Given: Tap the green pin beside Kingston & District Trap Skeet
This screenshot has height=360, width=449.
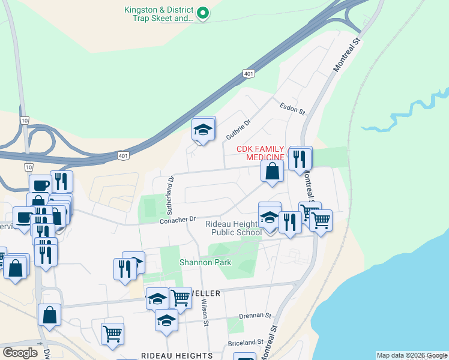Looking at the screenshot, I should click(203, 13).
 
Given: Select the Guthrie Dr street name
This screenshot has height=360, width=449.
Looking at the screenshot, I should click(237, 128).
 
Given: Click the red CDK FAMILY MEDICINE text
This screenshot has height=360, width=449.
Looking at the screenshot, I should click(261, 153).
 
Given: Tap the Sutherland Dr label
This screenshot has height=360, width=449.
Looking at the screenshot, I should click(170, 196).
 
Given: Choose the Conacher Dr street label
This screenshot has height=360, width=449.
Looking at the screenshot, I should click(178, 220).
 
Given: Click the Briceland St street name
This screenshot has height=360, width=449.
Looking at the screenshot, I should click(246, 343).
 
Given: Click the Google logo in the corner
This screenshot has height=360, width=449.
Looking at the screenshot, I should click(20, 353).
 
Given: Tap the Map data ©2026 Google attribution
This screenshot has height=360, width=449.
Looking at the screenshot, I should click(412, 355).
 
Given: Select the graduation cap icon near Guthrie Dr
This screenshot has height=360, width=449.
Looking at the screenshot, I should click(203, 130).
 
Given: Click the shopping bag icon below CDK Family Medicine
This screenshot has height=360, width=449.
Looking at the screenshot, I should click(273, 170).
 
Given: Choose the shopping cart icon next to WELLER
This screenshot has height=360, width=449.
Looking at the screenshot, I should click(179, 297).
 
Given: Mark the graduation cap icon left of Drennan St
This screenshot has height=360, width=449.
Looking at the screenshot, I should click(166, 322).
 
